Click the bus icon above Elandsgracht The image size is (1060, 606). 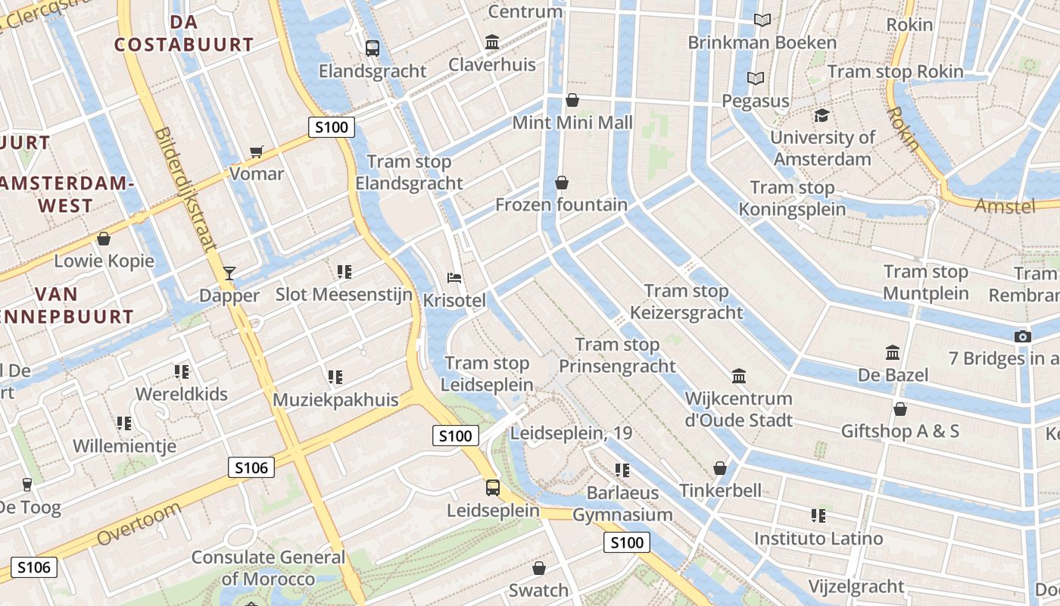tap(372, 48)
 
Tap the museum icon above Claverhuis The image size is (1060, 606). tap(492, 42)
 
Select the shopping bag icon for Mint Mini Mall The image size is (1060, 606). tap(572, 100)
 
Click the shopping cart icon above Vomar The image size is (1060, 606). tap(257, 151)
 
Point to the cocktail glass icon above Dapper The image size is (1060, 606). tap(229, 273)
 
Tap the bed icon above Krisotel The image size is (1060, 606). tap(454, 278)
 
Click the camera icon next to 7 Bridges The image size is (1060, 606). tap(1022, 336)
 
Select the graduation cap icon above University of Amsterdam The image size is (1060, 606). tap(821, 115)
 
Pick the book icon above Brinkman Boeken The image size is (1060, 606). tap(762, 20)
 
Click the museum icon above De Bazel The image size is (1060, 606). tap(893, 353)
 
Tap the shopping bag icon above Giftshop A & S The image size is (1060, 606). tap(899, 409)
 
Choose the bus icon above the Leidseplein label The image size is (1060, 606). tap(493, 487)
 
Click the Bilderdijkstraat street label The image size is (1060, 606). tap(186, 189)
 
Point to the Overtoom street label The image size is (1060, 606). tap(139, 523)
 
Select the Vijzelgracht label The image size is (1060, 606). tap(856, 586)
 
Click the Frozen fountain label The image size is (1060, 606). tap(561, 205)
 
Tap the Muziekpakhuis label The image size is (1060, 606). tap(335, 400)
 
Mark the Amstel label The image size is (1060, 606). tap(1004, 206)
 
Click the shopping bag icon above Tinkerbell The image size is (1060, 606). tap(720, 468)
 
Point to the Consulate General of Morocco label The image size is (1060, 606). tap(268, 568)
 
